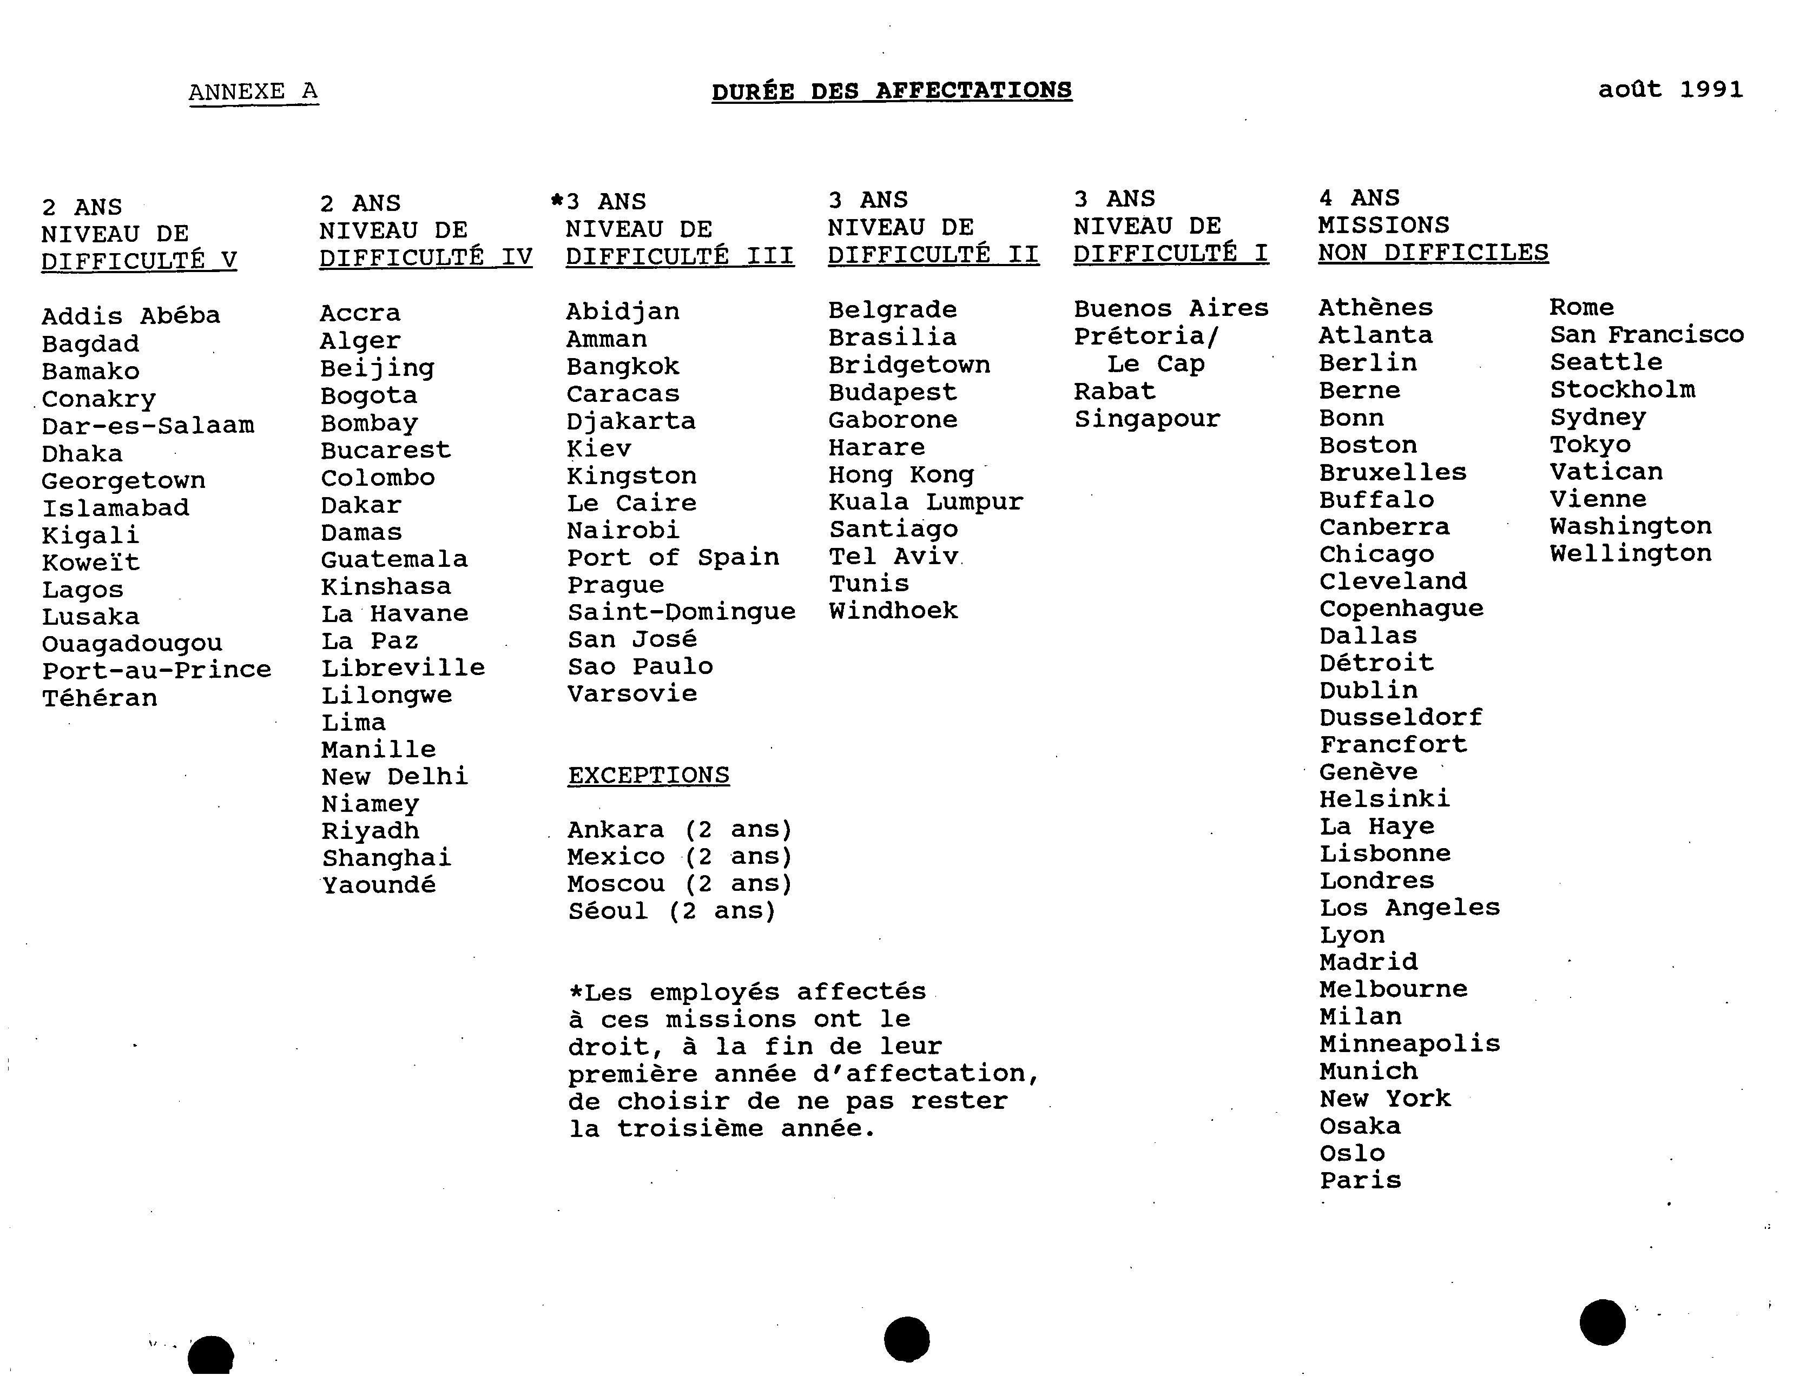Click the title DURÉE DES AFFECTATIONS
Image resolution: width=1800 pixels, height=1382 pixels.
pos(892,90)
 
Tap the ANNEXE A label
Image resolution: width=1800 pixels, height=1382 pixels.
pos(253,91)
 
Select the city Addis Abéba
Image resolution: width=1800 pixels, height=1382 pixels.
pos(131,316)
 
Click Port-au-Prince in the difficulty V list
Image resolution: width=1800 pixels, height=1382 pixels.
pos(156,670)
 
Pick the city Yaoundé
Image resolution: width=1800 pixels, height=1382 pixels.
pos(378,885)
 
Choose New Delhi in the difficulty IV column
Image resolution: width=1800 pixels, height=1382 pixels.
pos(394,777)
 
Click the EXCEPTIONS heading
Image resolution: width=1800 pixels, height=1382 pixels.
pos(648,776)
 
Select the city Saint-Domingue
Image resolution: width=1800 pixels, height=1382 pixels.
pos(681,612)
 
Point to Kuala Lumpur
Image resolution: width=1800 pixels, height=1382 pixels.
pos(926,502)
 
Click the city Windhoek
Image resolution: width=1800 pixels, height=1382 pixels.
pos(893,611)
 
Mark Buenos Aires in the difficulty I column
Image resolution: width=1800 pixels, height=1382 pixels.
pos(1171,308)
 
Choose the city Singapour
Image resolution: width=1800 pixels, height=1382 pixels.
pos(1147,419)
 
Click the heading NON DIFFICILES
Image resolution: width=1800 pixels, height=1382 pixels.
pos(1433,253)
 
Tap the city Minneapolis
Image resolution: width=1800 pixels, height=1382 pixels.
pos(1409,1044)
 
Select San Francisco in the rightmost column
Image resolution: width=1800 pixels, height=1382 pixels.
pos(1646,335)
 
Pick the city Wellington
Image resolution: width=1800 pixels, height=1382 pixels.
pos(1631,554)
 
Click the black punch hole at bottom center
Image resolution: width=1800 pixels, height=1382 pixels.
pos(907,1338)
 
